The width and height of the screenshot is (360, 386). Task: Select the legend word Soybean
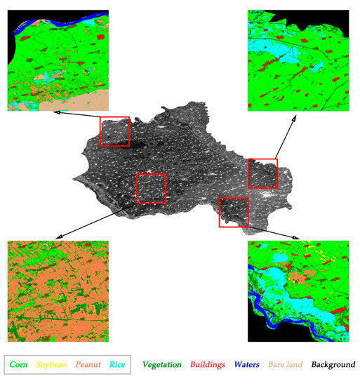tap(53, 365)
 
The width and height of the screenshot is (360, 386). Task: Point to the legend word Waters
tap(247, 365)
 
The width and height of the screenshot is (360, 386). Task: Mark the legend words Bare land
tap(286, 365)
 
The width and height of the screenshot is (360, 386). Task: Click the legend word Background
tap(333, 365)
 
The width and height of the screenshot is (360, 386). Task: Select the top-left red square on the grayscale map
tap(114, 131)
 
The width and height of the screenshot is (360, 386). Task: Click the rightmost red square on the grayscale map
tap(263, 173)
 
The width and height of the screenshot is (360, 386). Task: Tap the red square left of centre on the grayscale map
tap(150, 188)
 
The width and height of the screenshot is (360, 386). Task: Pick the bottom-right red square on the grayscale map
tap(234, 212)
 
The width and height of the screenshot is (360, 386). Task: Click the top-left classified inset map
tap(58, 60)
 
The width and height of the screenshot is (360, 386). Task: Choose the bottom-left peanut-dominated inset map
tap(58, 291)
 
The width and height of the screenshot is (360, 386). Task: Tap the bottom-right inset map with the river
tap(298, 291)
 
